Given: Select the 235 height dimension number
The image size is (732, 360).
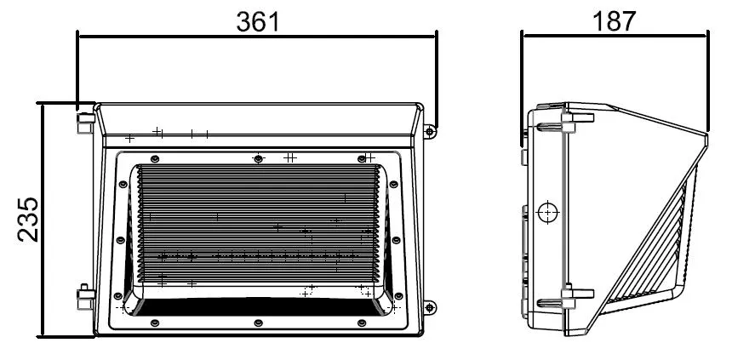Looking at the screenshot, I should click(27, 220).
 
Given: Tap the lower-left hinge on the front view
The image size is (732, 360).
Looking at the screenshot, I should click(84, 298).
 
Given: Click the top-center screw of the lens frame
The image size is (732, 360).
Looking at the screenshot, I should click(258, 158).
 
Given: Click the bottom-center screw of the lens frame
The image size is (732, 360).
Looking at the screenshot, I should click(258, 322).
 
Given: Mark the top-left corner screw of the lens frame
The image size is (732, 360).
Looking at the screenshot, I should click(155, 158).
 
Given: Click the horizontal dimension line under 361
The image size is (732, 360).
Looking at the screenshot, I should click(257, 36).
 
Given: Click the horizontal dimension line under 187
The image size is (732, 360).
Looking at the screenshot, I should click(615, 36).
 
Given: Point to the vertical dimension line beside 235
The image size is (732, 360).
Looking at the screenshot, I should click(43, 220).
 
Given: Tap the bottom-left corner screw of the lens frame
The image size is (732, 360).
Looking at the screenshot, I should click(155, 322).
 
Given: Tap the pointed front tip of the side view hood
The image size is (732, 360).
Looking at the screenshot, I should click(706, 134).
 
